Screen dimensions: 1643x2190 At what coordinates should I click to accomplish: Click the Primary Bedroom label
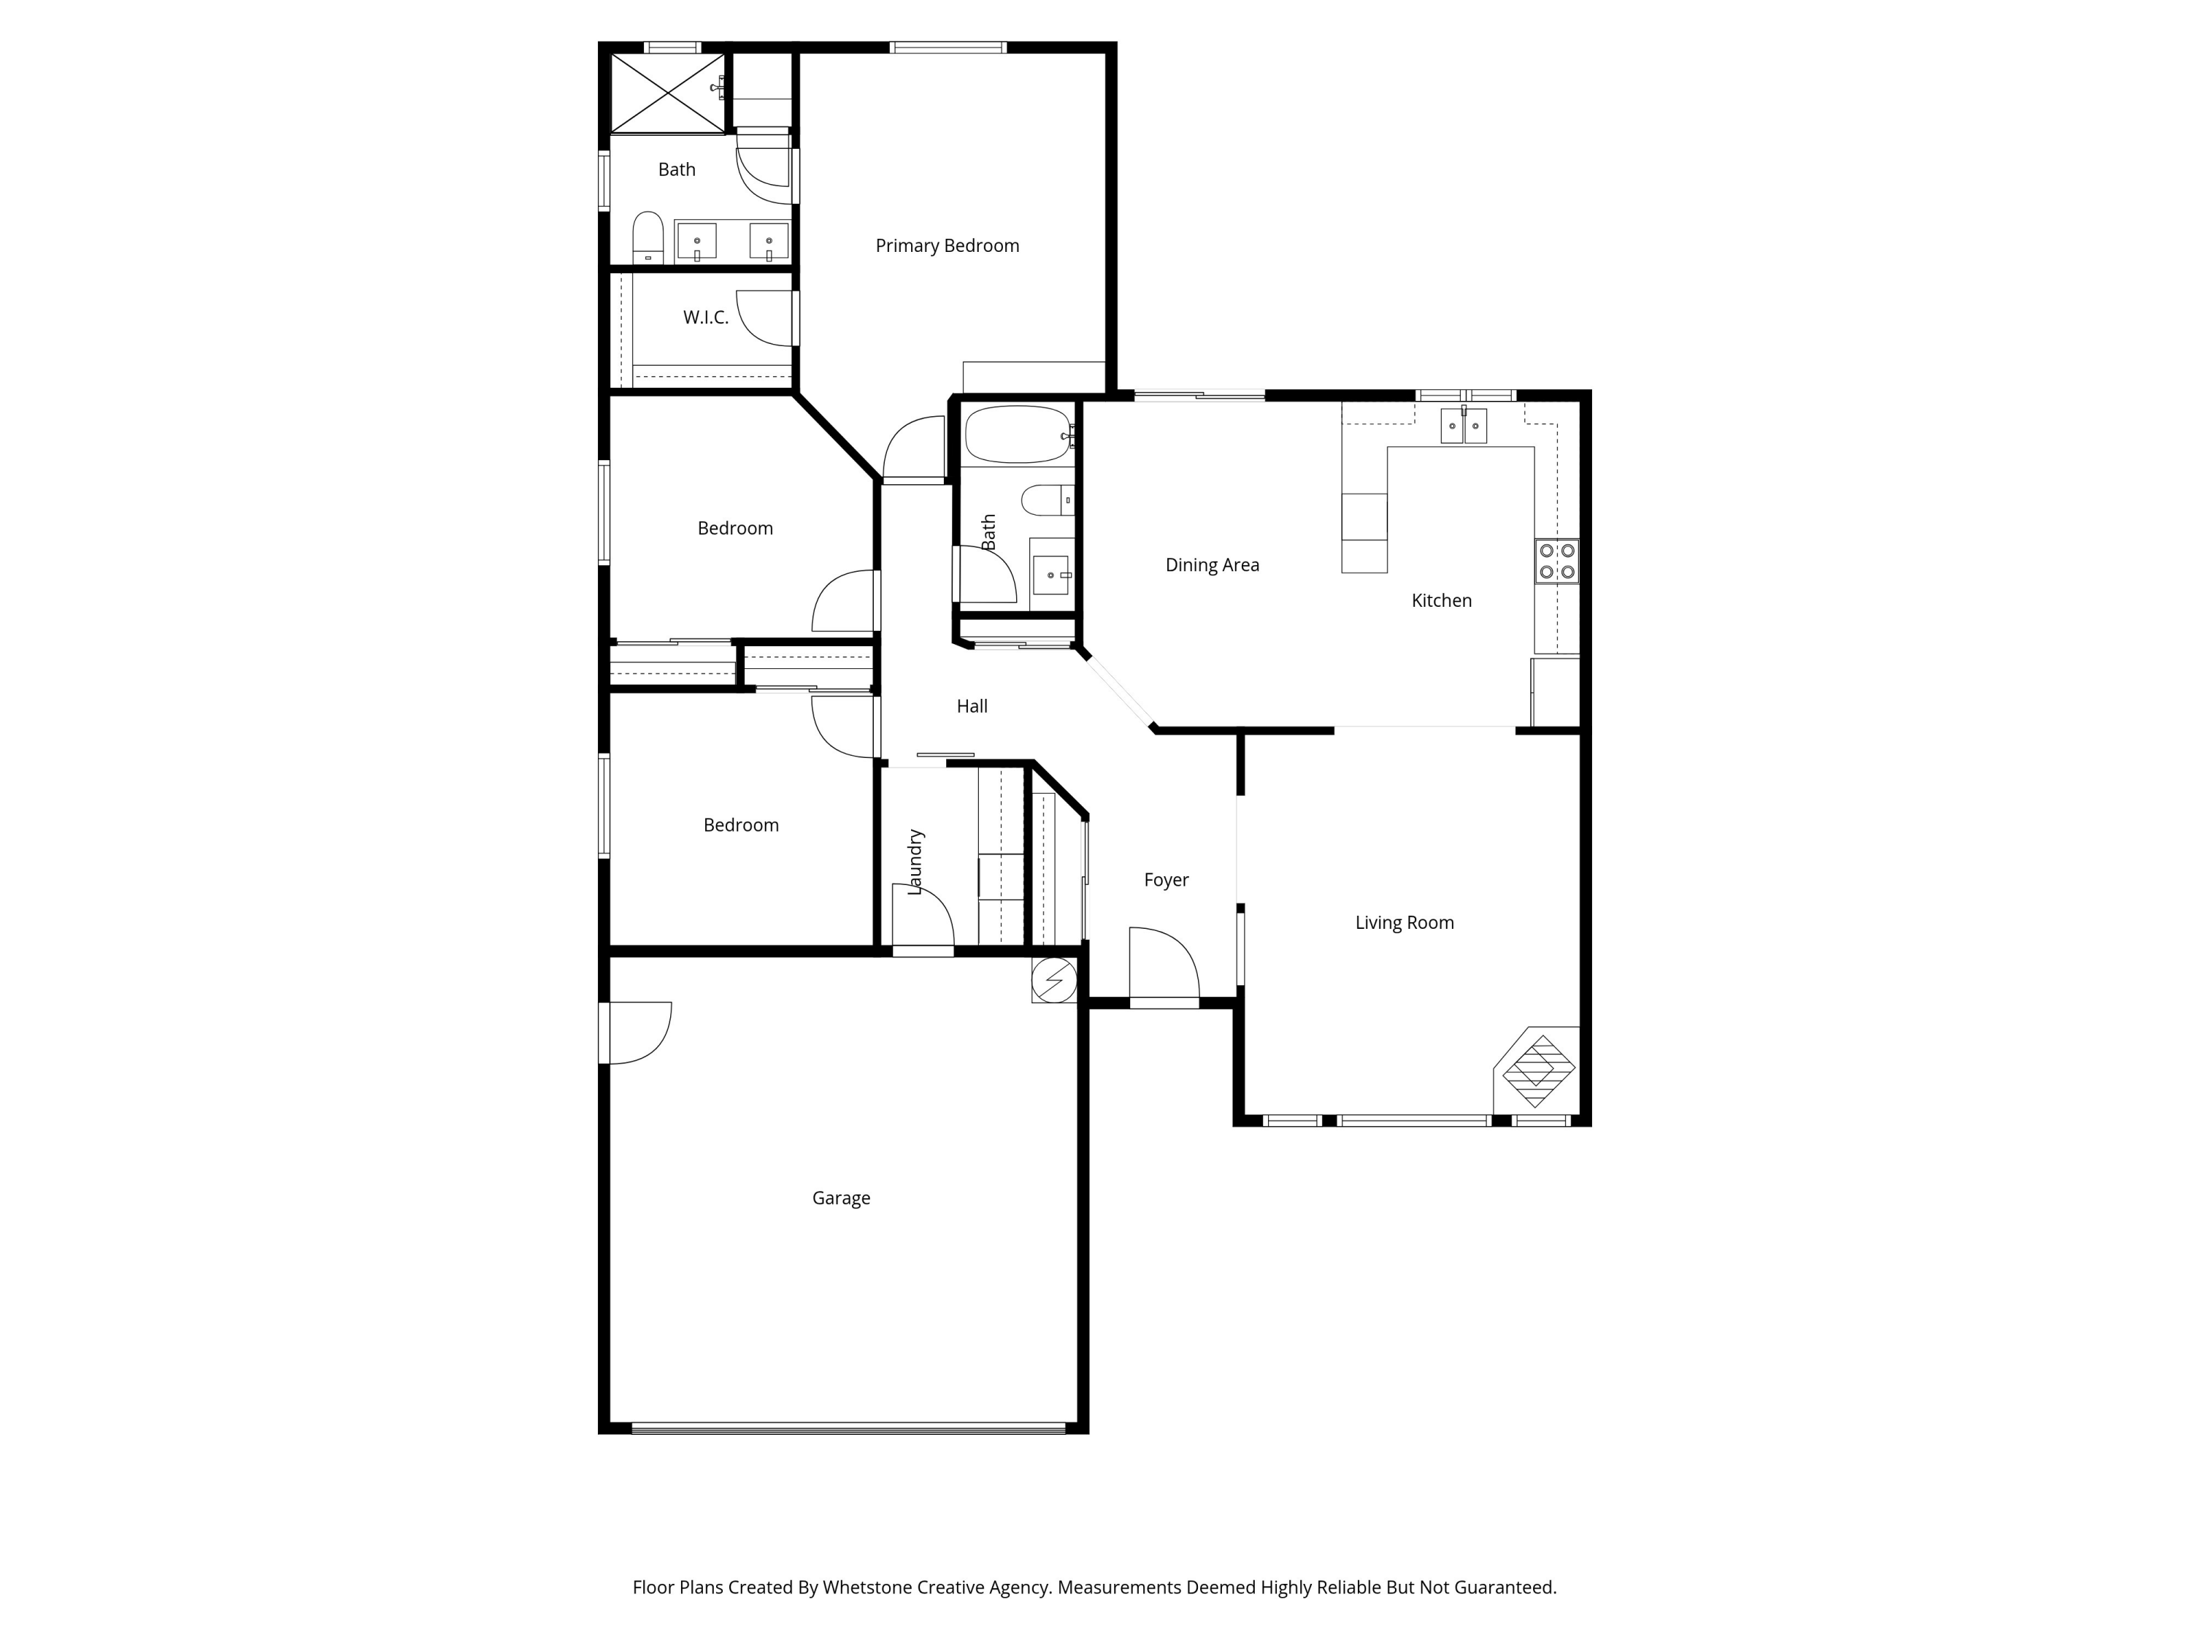pyautogui.click(x=947, y=245)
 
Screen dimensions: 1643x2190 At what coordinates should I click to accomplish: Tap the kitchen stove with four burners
pyautogui.click(x=1556, y=562)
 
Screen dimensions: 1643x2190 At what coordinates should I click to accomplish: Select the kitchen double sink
pyautogui.click(x=1464, y=426)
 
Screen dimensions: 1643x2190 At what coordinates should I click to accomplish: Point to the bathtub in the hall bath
pyautogui.click(x=1017, y=434)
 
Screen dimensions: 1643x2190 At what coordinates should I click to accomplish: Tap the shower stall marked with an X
pyautogui.click(x=667, y=92)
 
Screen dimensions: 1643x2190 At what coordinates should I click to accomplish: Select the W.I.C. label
pyautogui.click(x=705, y=318)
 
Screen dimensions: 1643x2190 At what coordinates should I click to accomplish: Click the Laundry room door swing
pyautogui.click(x=923, y=916)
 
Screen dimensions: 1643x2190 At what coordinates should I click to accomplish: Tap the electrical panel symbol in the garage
pyautogui.click(x=1053, y=981)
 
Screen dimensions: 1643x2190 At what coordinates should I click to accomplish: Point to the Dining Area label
pyautogui.click(x=1212, y=565)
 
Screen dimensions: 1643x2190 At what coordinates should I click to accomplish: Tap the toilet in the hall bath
pyautogui.click(x=1045, y=500)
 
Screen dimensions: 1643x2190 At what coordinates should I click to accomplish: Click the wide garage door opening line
pyautogui.click(x=848, y=1428)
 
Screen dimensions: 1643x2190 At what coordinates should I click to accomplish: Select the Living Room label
pyautogui.click(x=1404, y=923)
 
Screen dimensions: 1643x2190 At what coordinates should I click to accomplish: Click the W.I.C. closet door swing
pyautogui.click(x=765, y=319)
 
